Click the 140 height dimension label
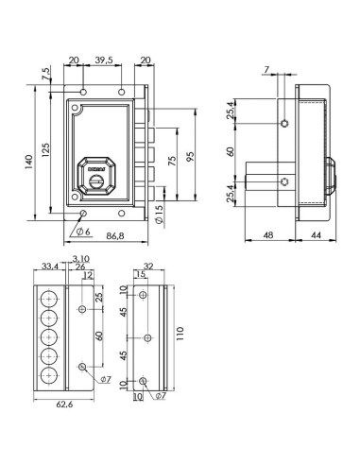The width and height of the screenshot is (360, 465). [29, 162]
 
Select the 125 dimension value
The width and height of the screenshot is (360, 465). [45, 150]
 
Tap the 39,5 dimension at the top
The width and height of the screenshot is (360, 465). [104, 60]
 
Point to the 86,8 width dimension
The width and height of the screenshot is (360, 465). [115, 235]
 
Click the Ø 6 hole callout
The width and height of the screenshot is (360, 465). [83, 232]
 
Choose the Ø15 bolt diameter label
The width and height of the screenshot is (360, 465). [160, 215]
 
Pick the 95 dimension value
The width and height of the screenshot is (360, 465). [191, 157]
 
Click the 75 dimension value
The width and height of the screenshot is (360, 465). [172, 161]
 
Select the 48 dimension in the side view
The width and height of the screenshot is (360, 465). [268, 235]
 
